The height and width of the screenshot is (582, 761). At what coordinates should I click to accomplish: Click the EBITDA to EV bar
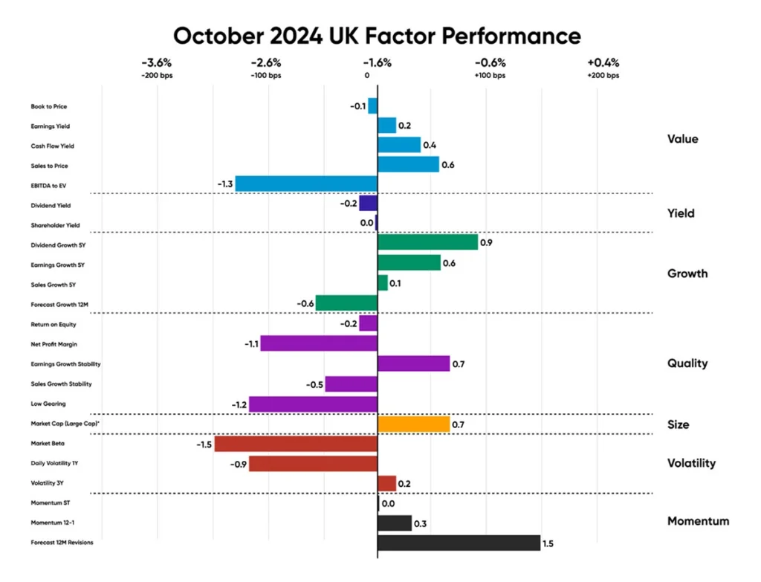[x=306, y=184]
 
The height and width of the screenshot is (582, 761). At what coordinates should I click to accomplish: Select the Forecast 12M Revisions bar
[x=459, y=543]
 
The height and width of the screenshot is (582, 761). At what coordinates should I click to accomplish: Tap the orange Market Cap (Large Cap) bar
[x=413, y=424]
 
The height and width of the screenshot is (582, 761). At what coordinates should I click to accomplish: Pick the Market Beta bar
[x=296, y=444]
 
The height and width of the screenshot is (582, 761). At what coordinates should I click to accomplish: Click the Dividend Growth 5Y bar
[x=427, y=242]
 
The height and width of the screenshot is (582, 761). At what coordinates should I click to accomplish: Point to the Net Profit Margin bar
[x=319, y=343]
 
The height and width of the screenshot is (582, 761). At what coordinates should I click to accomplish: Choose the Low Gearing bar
[x=313, y=404]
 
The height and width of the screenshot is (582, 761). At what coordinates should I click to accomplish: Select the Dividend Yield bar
[x=369, y=203]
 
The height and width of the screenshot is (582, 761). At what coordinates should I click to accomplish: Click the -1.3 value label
[x=225, y=184]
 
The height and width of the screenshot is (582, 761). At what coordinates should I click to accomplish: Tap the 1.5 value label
[x=548, y=543]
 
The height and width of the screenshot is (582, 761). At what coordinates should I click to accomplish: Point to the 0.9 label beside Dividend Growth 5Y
[x=486, y=243]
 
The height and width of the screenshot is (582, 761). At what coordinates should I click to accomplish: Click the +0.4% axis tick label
[x=603, y=62]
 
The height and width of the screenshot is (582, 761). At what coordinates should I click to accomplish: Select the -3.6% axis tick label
[x=157, y=62]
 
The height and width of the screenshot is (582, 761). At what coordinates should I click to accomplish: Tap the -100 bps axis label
[x=266, y=76]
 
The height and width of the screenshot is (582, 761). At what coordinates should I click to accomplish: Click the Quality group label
[x=687, y=363]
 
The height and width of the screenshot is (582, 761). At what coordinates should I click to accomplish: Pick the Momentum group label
[x=698, y=521]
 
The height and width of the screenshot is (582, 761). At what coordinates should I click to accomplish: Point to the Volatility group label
[x=691, y=463]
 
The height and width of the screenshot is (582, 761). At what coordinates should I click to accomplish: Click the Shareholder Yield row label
[x=55, y=225]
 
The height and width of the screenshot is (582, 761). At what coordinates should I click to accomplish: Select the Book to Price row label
[x=49, y=106]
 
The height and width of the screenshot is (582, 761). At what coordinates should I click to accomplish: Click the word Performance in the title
[x=511, y=36]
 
